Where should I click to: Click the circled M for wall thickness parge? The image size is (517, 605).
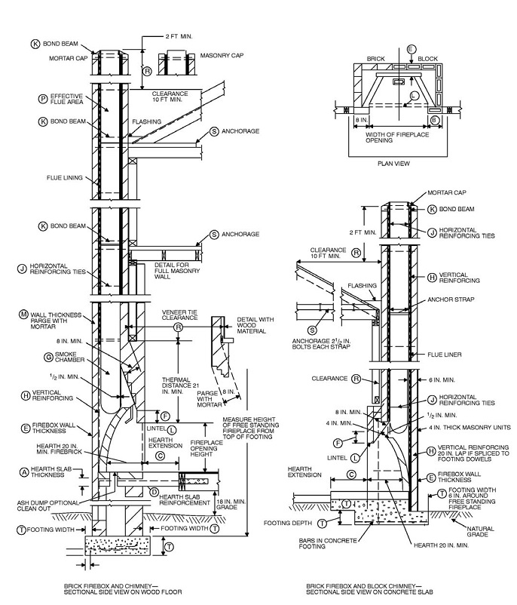click(x=23, y=314)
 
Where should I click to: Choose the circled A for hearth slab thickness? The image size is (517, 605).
click(x=23, y=471)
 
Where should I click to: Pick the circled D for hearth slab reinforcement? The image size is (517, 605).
click(x=153, y=493)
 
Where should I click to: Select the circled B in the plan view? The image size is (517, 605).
click(x=434, y=119)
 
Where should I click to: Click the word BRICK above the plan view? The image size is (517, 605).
click(x=375, y=57)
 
